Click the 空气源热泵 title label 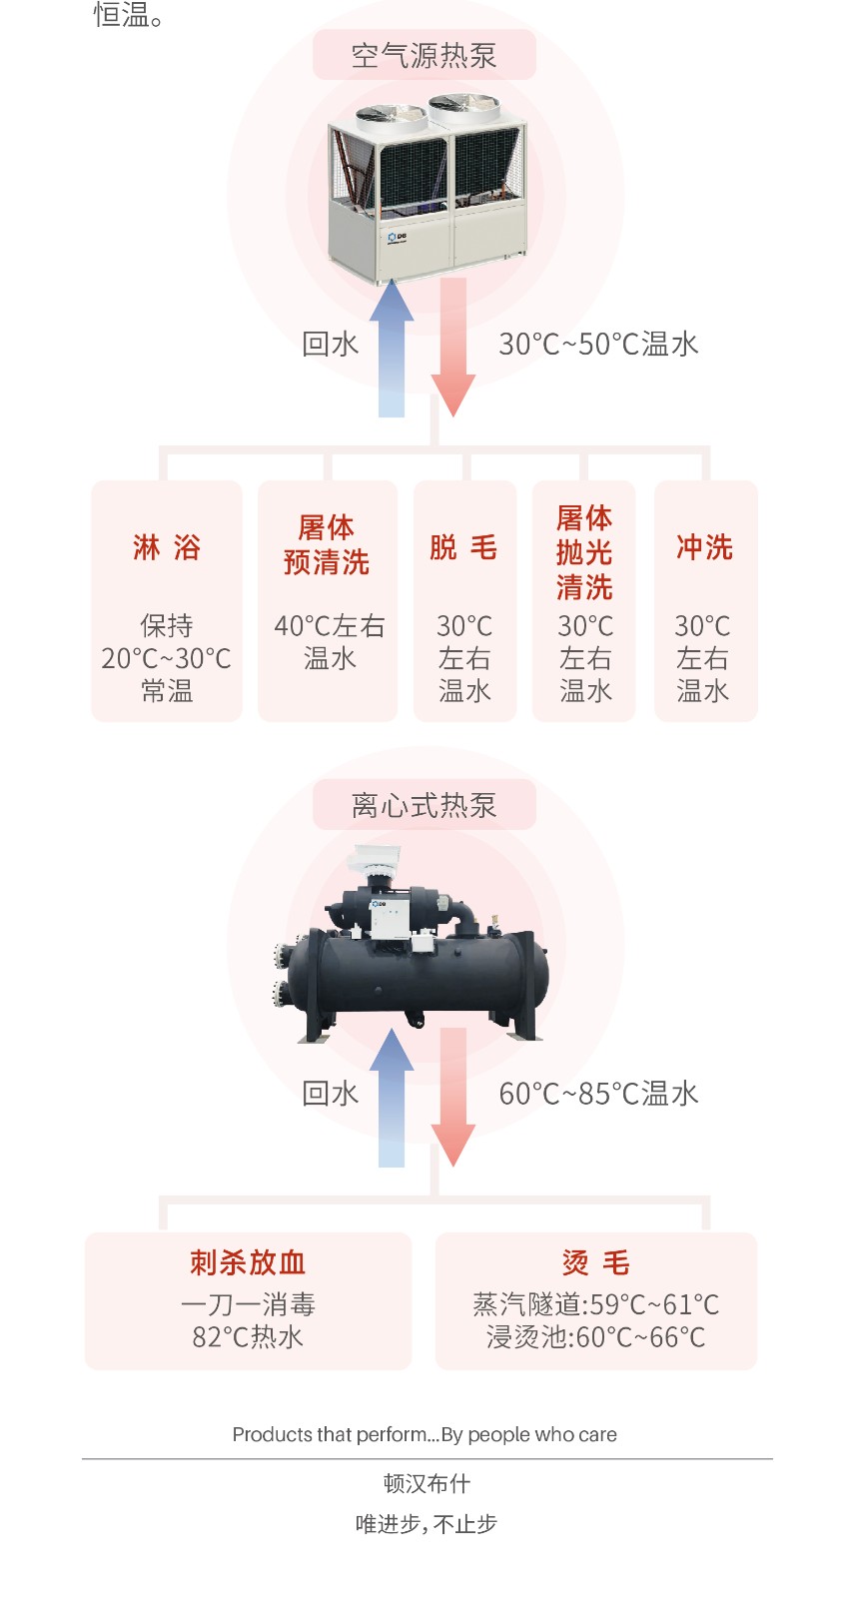(x=424, y=56)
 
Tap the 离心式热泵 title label (x=424, y=805)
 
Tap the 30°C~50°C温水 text (x=598, y=345)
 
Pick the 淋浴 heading (x=167, y=547)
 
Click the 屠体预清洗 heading (x=327, y=545)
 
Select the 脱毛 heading (x=463, y=547)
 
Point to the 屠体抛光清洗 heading (x=584, y=552)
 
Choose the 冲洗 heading (x=705, y=547)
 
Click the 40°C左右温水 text (x=330, y=642)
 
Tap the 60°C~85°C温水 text (x=598, y=1094)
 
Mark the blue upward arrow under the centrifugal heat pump (x=392, y=1098)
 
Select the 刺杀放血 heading (x=248, y=1262)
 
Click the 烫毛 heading (x=596, y=1262)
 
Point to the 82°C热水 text (x=248, y=1337)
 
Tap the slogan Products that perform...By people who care (x=425, y=1435)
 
